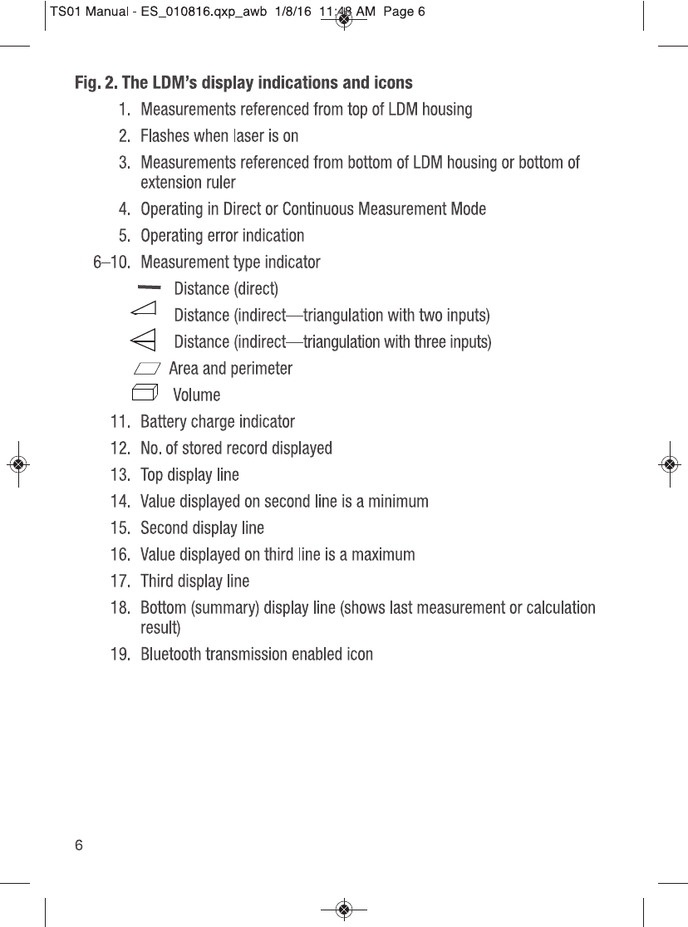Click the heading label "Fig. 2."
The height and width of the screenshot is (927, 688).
coord(96,83)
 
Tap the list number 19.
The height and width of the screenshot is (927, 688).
coord(123,655)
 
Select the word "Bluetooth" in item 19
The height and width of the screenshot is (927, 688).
coord(170,655)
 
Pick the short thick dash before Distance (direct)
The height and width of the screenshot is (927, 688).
coord(150,287)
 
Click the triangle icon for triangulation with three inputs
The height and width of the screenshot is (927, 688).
coord(144,339)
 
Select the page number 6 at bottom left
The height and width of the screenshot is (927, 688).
coord(79,846)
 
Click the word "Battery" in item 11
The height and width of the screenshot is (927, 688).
coord(164,422)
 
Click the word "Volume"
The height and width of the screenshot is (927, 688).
coord(196,395)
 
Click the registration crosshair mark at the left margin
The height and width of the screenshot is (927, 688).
coord(18,463)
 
